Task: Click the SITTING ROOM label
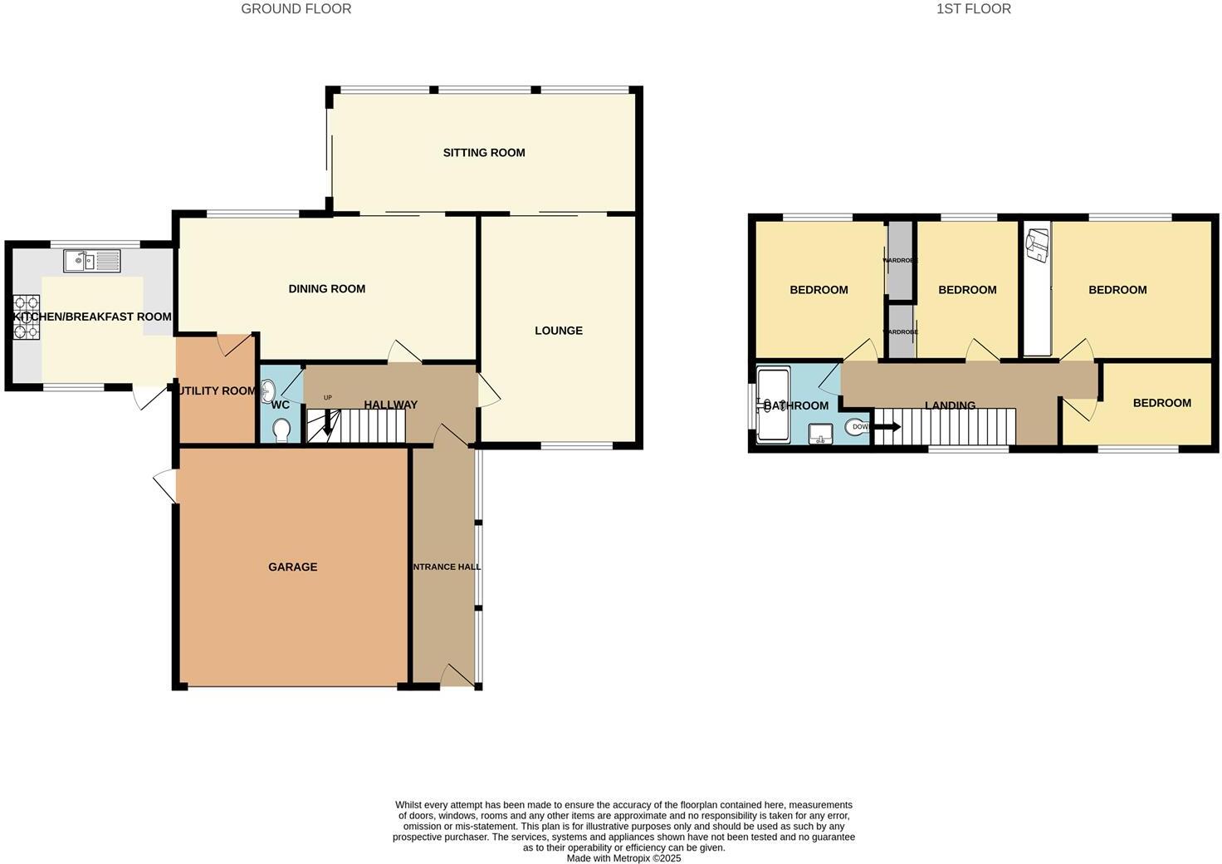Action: click(484, 153)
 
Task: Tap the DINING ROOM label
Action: click(327, 289)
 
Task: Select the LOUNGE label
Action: click(559, 331)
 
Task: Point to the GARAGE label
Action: click(292, 567)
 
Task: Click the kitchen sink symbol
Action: click(92, 261)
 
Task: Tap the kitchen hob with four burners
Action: click(26, 317)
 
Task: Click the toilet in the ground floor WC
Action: click(281, 430)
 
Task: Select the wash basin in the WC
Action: click(268, 390)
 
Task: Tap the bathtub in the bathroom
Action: click(773, 405)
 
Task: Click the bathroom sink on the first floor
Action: click(820, 434)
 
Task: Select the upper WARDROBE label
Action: click(900, 260)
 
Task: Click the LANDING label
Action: click(950, 406)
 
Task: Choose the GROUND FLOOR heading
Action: click(296, 9)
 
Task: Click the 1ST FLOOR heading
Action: click(973, 9)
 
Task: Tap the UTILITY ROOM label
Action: click(216, 391)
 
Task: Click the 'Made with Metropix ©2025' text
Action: click(623, 858)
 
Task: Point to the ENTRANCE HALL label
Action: click(447, 567)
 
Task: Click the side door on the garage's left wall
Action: click(166, 485)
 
